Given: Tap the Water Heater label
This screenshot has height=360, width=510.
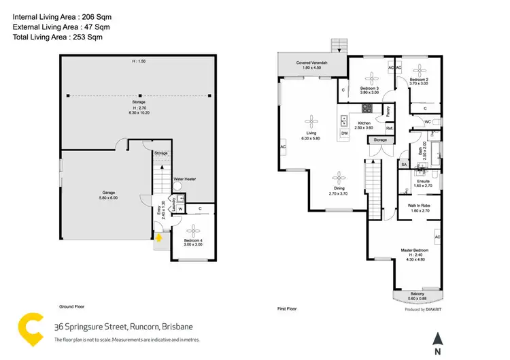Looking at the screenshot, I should [184, 179].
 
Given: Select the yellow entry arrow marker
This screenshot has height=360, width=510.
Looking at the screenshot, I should [160, 238].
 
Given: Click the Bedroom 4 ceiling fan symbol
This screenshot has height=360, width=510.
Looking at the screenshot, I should [193, 229].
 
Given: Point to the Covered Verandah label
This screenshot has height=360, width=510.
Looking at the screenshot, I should [312, 64].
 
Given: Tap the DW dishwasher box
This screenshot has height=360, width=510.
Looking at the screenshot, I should [345, 133].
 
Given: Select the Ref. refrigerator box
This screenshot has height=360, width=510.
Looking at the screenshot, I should [390, 129].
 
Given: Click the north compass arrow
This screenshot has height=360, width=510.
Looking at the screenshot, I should [439, 338].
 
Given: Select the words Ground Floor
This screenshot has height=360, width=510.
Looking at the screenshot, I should [71, 308].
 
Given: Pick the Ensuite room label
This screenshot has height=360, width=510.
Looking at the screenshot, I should [423, 181].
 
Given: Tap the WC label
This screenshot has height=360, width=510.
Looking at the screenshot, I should [427, 122].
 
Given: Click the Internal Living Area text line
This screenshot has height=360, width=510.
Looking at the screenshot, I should [52, 14].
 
